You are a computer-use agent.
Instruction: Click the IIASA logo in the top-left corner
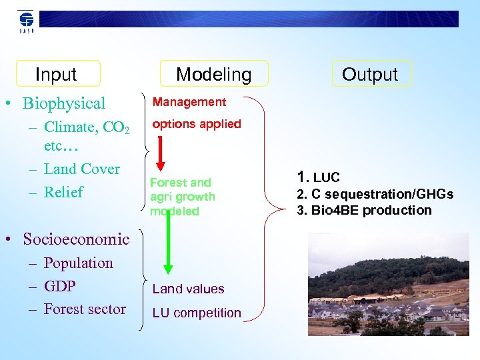26,21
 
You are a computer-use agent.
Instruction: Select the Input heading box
57,74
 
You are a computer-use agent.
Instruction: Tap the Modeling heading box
214,74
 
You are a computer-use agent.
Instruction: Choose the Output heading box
370,74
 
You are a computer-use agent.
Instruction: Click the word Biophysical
64,103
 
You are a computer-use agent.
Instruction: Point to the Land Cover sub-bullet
81,169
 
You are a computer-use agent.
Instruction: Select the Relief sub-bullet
63,193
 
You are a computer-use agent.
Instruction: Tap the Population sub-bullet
78,263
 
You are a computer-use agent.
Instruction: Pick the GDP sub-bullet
59,286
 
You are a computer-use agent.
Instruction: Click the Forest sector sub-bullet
85,309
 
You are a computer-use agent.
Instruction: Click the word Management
189,102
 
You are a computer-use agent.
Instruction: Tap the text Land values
188,289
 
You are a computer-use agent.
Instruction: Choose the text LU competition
197,313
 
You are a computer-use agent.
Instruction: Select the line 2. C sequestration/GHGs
375,194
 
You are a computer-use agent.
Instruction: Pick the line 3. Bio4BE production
365,210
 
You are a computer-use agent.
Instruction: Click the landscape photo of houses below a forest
388,284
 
